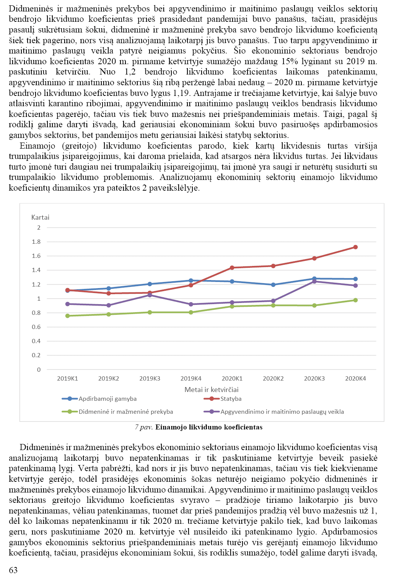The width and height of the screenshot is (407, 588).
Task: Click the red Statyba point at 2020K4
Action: (x=355, y=247)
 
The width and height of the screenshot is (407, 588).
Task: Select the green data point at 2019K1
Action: (x=68, y=316)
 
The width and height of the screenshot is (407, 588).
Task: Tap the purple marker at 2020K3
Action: (x=314, y=282)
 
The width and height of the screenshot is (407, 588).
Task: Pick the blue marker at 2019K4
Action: (x=191, y=280)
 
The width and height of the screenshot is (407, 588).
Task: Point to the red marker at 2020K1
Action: (x=232, y=268)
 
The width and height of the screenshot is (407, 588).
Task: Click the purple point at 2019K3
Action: (x=150, y=295)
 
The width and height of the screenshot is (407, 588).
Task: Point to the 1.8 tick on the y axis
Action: (x=36, y=242)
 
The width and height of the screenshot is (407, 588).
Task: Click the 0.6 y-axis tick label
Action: (x=36, y=327)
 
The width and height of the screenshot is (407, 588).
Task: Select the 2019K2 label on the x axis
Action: (x=109, y=379)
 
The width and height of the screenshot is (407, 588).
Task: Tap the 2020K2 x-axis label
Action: (x=273, y=379)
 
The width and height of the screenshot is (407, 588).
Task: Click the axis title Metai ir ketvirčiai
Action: (x=212, y=390)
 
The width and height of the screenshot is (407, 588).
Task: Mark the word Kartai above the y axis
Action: (x=40, y=217)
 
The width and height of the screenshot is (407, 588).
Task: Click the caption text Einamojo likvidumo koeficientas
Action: (x=209, y=427)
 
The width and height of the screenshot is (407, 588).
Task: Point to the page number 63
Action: (x=13, y=570)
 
